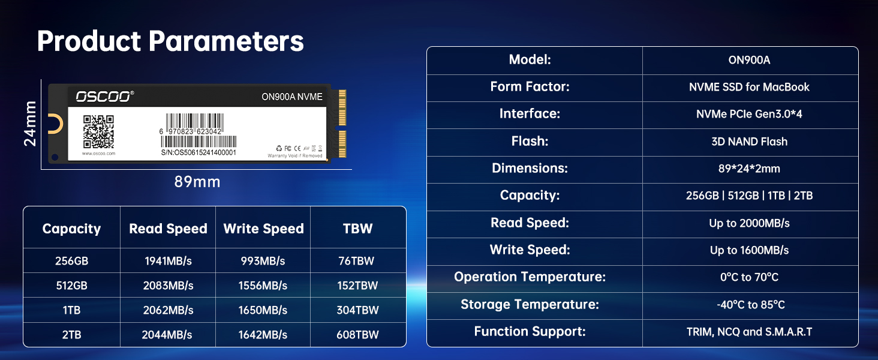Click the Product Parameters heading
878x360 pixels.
[170, 41]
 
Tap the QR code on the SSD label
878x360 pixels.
[98, 131]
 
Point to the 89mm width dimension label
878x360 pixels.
[197, 182]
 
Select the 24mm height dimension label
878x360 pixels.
[31, 123]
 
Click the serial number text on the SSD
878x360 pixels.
[199, 152]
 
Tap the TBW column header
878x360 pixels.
[357, 229]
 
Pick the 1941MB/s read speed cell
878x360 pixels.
[168, 261]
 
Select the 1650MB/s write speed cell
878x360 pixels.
[263, 310]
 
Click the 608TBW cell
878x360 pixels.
[357, 335]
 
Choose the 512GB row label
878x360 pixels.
[71, 286]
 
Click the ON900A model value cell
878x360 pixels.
[749, 60]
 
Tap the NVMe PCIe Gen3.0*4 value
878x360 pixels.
[749, 114]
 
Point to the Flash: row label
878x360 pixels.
[530, 142]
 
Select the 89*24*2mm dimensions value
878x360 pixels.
[749, 169]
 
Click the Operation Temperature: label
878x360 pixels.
[530, 277]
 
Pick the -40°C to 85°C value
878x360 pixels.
[749, 305]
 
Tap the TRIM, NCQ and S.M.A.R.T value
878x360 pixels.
[749, 332]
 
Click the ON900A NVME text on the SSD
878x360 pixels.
[292, 97]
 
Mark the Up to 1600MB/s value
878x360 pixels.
[749, 250]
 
